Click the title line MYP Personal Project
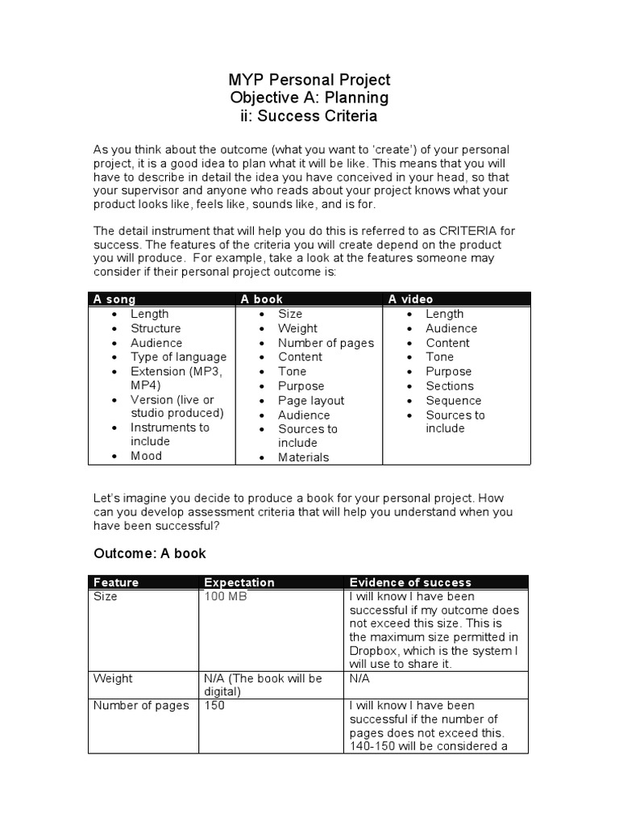coord(309,80)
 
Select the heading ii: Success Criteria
coord(309,116)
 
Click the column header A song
coord(114,299)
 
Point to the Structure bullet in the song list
coord(156,328)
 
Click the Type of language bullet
coord(178,357)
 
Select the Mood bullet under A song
coord(146,456)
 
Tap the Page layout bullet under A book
coord(311,400)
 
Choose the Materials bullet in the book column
coord(303,457)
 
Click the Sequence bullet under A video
coord(453,400)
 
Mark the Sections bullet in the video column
coord(450,386)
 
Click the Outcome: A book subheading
coord(150,553)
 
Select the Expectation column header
coord(239,582)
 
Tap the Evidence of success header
coord(409,582)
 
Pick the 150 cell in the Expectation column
coord(214,706)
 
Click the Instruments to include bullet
coord(169,434)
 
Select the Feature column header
coord(116,582)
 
